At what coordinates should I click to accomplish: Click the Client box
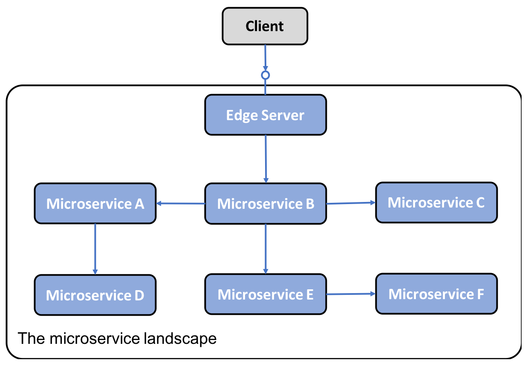point(265,26)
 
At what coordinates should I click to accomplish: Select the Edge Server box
point(265,115)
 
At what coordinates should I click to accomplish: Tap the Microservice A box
point(95,203)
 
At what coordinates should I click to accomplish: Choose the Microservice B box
point(265,203)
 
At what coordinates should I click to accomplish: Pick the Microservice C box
point(436,202)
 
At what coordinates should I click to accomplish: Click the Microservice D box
point(95,295)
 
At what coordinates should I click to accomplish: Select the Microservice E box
point(265,294)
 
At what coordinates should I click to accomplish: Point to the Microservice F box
point(436,294)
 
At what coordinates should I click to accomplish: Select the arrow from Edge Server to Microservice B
point(265,159)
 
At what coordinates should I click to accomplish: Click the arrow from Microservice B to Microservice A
point(181,203)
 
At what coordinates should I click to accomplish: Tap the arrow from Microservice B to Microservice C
point(351,203)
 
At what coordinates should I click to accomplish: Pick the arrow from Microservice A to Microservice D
point(95,249)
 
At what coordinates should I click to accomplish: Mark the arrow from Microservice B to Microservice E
point(265,249)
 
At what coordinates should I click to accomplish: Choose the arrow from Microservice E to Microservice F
point(351,294)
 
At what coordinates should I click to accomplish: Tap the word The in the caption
point(32,339)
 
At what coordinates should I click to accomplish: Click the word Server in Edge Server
point(283,115)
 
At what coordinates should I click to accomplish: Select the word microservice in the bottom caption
point(95,339)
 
